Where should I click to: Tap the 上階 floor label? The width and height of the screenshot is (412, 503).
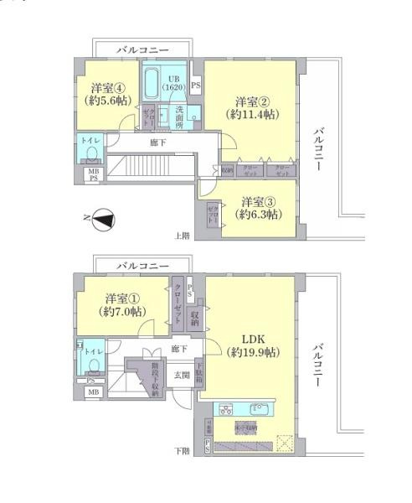[x=182, y=236]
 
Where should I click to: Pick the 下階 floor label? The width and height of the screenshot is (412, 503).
[x=182, y=451]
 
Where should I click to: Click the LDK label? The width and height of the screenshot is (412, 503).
[x=253, y=339]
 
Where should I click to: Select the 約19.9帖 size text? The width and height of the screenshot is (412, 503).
[x=253, y=353]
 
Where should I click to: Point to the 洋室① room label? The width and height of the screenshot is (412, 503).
[x=122, y=299]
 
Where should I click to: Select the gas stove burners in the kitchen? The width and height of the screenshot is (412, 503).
[x=227, y=410]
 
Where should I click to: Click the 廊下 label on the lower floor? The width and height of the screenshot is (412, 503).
[x=179, y=348]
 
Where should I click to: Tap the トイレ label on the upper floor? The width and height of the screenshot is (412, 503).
[x=89, y=142]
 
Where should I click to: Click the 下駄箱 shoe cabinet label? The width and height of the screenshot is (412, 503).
[x=198, y=372]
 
